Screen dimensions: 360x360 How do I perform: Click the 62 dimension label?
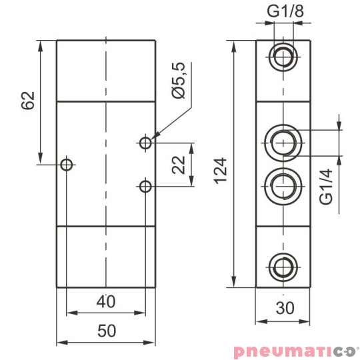point(27,101)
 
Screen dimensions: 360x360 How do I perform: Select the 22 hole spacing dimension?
point(178,165)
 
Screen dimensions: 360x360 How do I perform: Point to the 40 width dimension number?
point(106,302)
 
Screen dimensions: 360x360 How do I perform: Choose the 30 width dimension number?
point(283,309)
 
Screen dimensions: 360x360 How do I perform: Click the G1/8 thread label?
point(283,11)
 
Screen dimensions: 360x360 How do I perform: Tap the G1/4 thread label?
point(326,187)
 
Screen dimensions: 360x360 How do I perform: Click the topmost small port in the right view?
point(283,57)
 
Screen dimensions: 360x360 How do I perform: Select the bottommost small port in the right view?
point(283,266)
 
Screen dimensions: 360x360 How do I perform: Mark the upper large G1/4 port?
point(283,141)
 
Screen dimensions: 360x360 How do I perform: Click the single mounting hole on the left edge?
point(66,165)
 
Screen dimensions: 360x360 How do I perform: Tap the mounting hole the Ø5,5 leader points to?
point(146,142)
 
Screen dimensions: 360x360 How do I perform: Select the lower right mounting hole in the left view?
point(146,186)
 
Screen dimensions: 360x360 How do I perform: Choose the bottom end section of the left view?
point(106,257)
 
